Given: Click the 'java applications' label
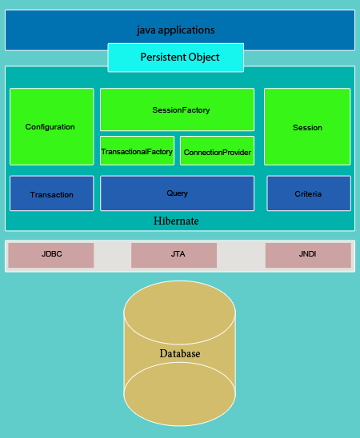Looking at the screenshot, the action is [x=176, y=30].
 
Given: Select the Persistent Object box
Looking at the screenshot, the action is [x=176, y=58].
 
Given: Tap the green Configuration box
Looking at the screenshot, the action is [x=52, y=127].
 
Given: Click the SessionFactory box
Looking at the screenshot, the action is [x=178, y=109].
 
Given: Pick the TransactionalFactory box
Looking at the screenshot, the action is [x=138, y=151].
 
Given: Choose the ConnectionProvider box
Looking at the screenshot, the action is [x=217, y=151].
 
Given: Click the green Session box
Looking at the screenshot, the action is [x=307, y=127].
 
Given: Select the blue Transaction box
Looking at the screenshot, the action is [x=52, y=193].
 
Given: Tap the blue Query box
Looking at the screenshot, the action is [x=178, y=193].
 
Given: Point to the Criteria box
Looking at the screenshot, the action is [x=309, y=193].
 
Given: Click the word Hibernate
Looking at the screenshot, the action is [x=176, y=221].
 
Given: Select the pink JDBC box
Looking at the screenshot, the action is [x=51, y=255].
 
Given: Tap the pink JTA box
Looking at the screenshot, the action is [x=174, y=255].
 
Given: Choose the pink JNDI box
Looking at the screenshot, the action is [x=308, y=255].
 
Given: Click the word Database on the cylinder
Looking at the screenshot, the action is [x=180, y=353].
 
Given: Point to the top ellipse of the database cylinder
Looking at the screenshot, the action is [x=180, y=313].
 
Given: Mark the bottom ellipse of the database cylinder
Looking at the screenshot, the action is [x=180, y=394].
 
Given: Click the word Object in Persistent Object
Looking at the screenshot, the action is [x=204, y=58].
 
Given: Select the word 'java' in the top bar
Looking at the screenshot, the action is [x=146, y=30].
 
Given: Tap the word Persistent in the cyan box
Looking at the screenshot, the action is [x=163, y=57].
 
